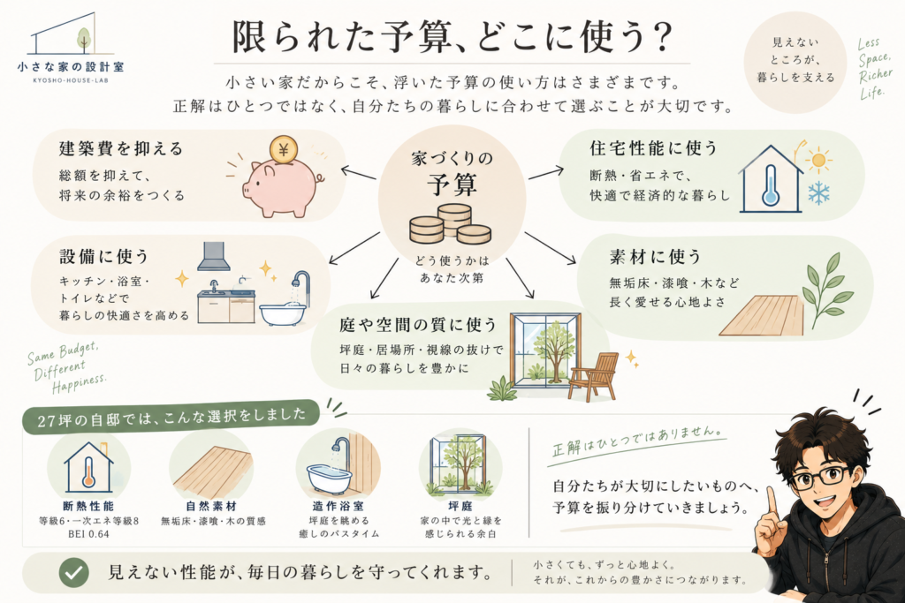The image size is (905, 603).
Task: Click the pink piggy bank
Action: [x=281, y=186]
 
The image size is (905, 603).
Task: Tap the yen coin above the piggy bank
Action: [x=283, y=150]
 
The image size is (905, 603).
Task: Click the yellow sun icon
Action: [x=818, y=160]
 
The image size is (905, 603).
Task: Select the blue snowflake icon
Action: [x=818, y=193]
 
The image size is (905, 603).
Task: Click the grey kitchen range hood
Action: [x=214, y=256]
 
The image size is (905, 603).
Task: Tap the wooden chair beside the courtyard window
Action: [x=592, y=375]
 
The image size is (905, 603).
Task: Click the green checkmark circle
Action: [x=74, y=572]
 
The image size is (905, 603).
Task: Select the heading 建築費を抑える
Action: [x=121, y=148]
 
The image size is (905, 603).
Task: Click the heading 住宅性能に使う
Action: [x=653, y=148]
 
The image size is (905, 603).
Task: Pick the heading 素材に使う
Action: [x=655, y=257]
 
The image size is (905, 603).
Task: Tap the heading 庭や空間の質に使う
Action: [x=418, y=325]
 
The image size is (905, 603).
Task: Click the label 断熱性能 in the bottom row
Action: [x=88, y=506]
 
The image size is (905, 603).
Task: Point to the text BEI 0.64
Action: [x=88, y=534]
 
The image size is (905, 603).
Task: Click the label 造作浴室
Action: [x=338, y=506]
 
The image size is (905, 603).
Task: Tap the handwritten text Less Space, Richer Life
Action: [x=874, y=68]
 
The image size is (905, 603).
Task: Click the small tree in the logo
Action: [x=84, y=41]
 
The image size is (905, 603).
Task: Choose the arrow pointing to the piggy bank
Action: [x=359, y=174]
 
